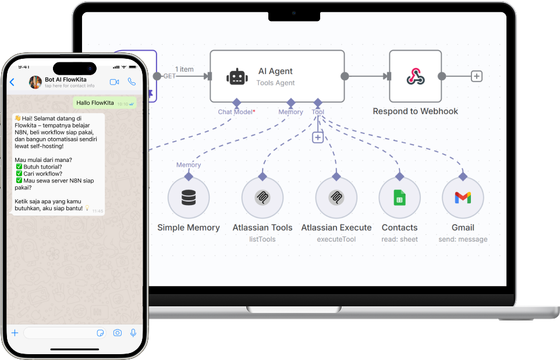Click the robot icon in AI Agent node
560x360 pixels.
pos(237,76)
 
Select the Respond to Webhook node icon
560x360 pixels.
pos(415,76)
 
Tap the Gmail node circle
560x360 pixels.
pos(463,198)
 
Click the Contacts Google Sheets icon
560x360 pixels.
pos(399,198)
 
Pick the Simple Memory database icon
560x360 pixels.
pos(189,198)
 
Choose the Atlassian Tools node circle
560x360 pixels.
pos(263,198)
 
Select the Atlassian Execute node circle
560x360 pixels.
pos(336,198)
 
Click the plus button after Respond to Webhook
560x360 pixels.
pos(477,76)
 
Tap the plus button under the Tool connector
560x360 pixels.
pos(318,137)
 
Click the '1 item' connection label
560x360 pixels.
pos(185,69)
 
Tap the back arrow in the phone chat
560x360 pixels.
pos(12,83)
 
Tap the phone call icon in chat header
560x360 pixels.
pos(132,82)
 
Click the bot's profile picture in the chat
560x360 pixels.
pos(36,83)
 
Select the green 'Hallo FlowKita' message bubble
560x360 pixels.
pos(105,103)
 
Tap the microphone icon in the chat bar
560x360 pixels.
pos(133,333)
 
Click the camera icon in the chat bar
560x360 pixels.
pos(118,333)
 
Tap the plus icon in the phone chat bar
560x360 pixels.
pos(15,333)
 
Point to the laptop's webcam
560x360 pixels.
pos(294,13)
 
